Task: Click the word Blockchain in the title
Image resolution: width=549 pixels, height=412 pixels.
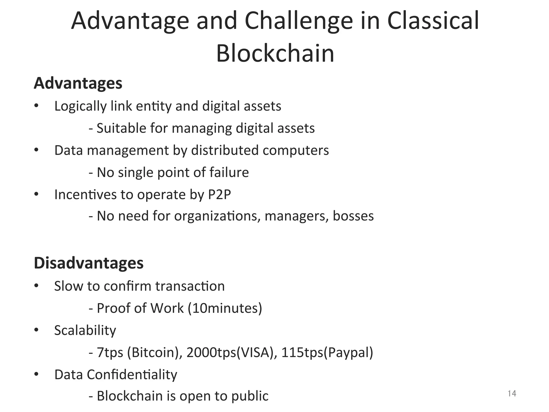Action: click(275, 53)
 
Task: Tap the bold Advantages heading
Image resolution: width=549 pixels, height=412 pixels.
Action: click(78, 83)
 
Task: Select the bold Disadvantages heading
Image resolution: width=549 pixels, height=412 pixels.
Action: click(89, 263)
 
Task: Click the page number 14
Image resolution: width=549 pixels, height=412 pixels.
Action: click(512, 393)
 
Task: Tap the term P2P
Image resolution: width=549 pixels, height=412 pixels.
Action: click(219, 194)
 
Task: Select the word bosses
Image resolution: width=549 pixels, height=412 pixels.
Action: click(353, 216)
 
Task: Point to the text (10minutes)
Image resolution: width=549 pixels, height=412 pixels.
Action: click(225, 308)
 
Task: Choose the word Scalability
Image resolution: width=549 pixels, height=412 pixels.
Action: click(85, 330)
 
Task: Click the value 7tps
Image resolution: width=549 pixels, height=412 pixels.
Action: click(110, 352)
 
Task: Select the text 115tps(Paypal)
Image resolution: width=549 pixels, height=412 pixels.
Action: click(327, 352)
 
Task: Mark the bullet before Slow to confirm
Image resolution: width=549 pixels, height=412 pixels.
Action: click(36, 286)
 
